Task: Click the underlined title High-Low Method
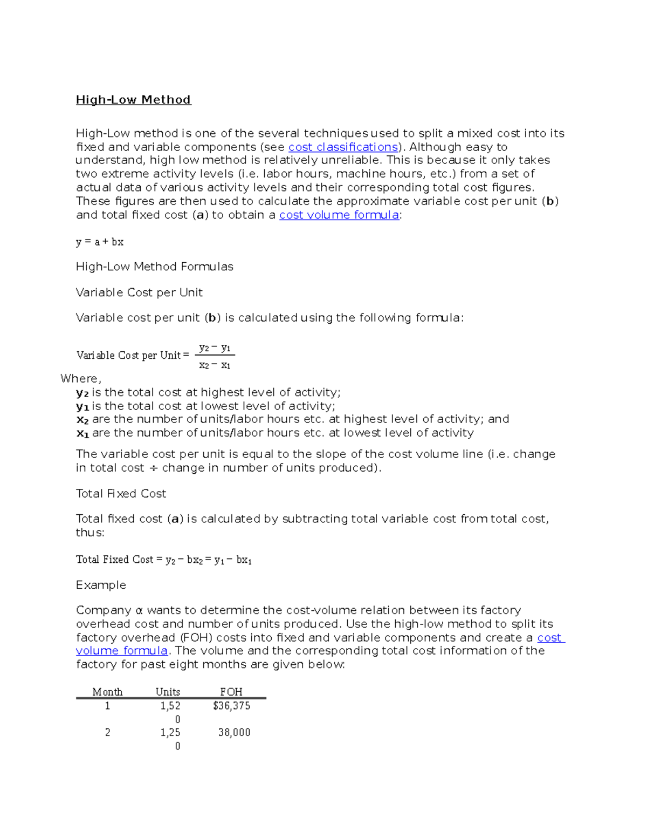coord(133,100)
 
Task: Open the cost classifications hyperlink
coord(343,147)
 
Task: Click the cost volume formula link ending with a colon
coord(339,215)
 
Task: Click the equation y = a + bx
coord(100,242)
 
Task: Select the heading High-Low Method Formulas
coord(154,267)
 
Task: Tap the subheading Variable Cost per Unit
coord(139,292)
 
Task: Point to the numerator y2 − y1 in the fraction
coord(215,348)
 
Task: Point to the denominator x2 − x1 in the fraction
coord(215,365)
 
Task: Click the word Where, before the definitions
coord(81,378)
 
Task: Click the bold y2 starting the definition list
coord(82,393)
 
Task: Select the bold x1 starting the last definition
coord(82,433)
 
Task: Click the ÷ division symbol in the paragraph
coord(153,468)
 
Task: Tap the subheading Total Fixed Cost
coord(121,494)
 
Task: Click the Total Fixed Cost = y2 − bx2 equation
coord(164,560)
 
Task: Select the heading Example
coord(101,585)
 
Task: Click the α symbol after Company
coord(139,611)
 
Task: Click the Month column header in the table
coord(107,692)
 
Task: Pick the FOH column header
coord(231,692)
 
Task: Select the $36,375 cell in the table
coord(231,706)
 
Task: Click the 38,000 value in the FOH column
coord(234,733)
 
